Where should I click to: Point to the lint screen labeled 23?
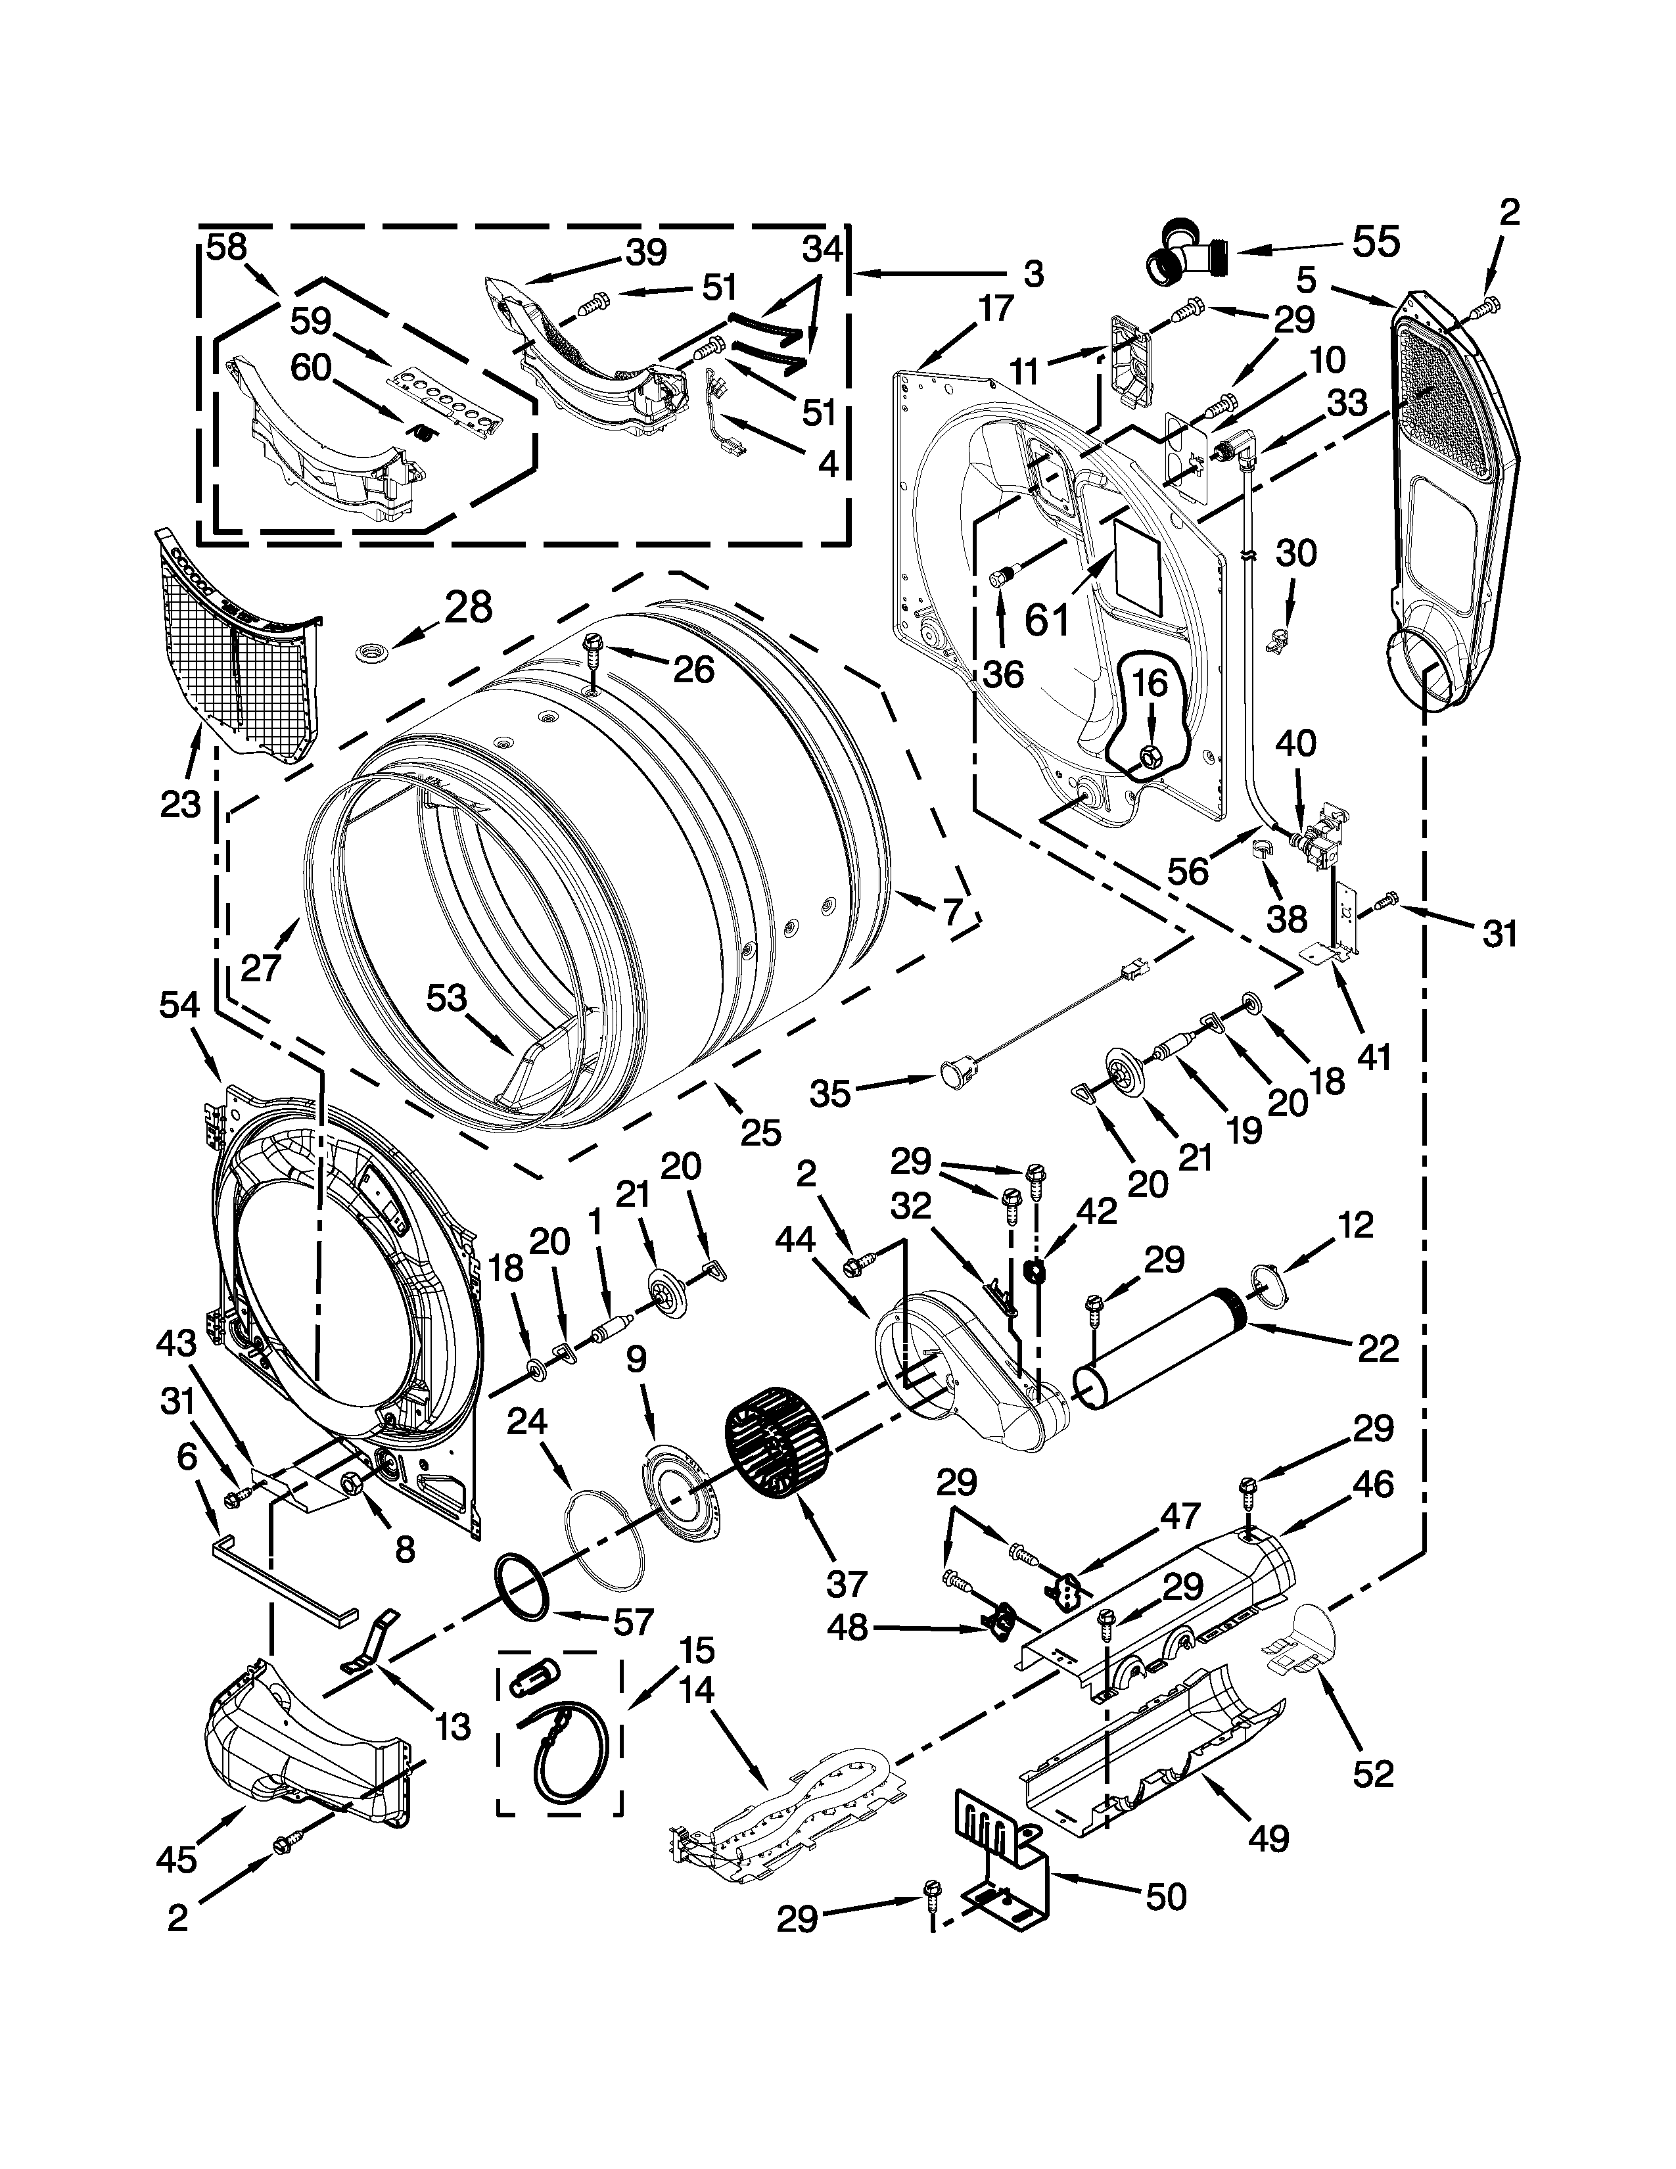pyautogui.click(x=239, y=655)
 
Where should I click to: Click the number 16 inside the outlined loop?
pyautogui.click(x=1150, y=684)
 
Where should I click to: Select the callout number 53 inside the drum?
pyautogui.click(x=447, y=998)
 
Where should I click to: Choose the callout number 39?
pyautogui.click(x=646, y=252)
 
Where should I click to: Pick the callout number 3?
pyautogui.click(x=1033, y=274)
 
